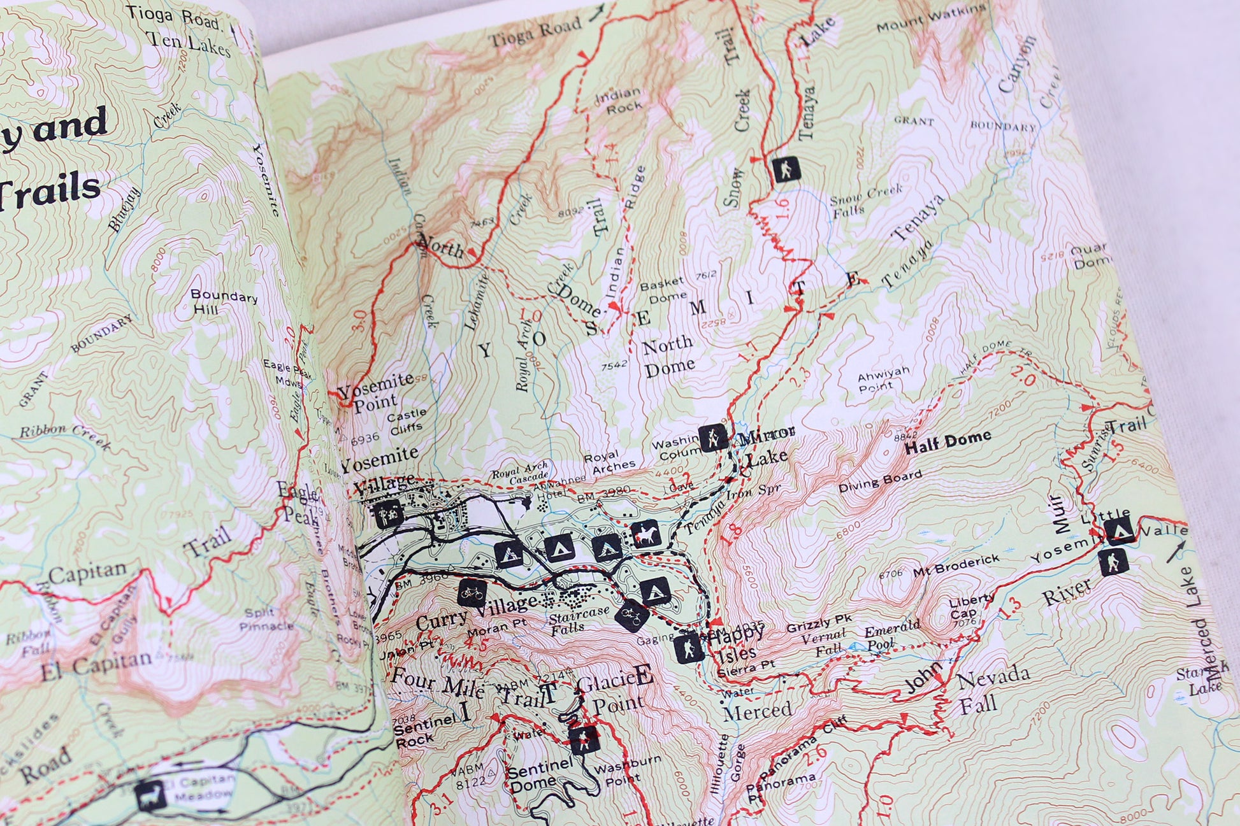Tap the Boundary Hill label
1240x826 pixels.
pos(223,302)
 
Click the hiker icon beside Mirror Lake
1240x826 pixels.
pos(713,437)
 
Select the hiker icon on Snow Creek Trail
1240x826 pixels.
pos(784,169)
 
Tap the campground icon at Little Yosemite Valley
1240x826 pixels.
pos(1118,531)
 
